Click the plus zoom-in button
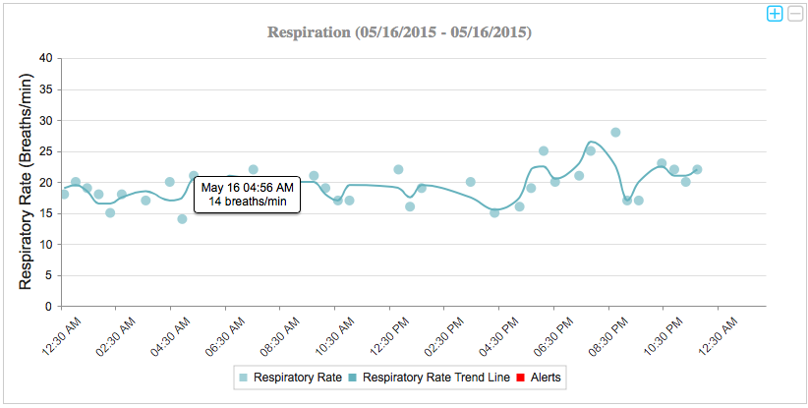[x=775, y=13]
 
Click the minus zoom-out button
[x=794, y=13]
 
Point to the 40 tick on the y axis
[x=43, y=58]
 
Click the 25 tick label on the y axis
[x=43, y=151]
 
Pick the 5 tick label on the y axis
[x=47, y=275]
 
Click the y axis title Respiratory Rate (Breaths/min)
[x=26, y=181]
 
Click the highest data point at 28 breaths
[x=615, y=132]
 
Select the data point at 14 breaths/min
[x=182, y=219]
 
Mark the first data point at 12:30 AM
[x=64, y=194]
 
